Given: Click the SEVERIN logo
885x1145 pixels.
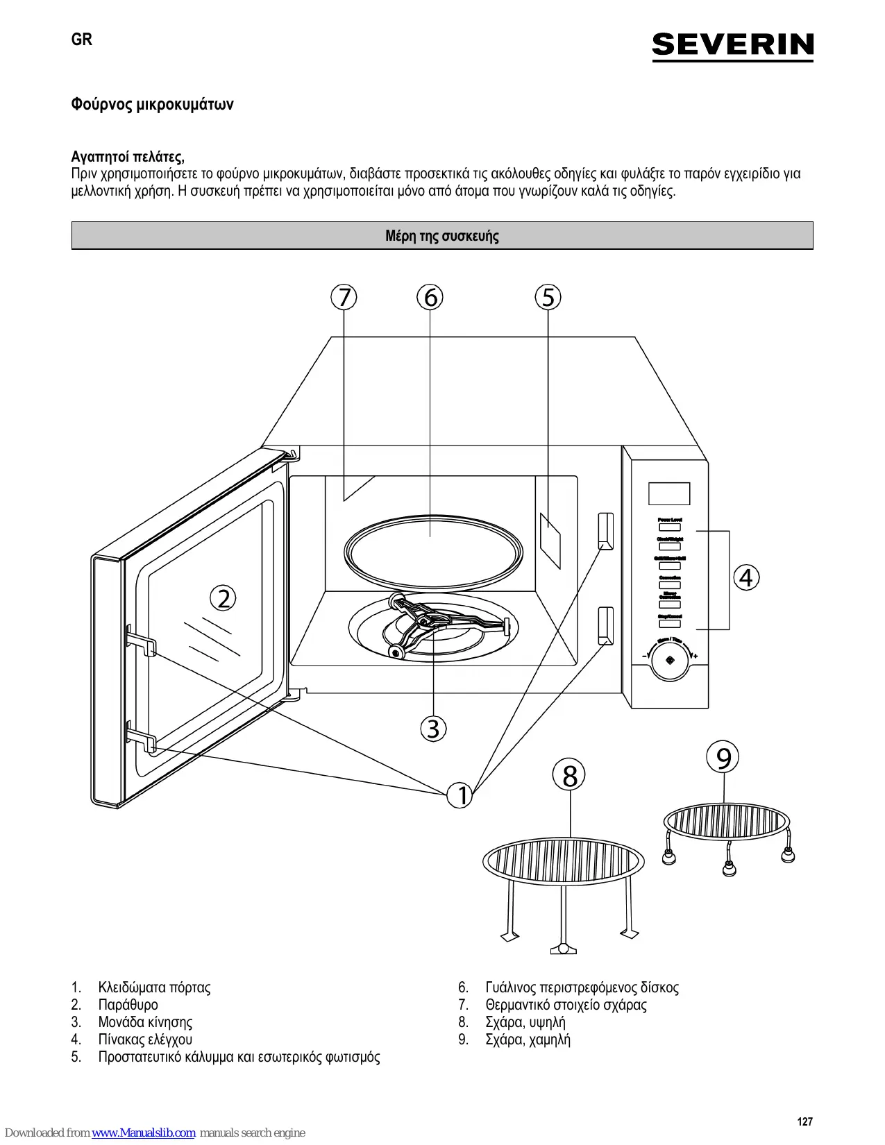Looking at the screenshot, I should (732, 46).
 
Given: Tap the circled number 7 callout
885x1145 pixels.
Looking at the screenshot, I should (344, 297).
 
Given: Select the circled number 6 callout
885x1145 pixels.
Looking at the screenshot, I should (430, 297).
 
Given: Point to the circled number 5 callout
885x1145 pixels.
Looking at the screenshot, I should (548, 297).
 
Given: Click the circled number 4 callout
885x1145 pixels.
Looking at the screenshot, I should (746, 577).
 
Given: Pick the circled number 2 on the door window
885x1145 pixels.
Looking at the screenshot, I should (224, 598).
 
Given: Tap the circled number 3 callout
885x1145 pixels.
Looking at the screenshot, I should (433, 729).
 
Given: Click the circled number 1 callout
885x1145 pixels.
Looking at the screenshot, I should (460, 795).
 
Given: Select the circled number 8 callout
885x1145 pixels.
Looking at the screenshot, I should (569, 776).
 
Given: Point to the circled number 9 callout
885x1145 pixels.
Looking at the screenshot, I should (723, 758).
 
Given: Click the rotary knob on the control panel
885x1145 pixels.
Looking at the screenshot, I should (670, 661).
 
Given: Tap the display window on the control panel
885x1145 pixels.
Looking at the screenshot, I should (669, 494).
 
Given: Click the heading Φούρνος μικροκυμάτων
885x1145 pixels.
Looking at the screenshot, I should (152, 105).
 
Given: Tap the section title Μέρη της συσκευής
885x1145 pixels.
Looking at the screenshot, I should (442, 236).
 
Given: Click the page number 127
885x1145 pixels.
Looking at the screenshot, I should (804, 1121).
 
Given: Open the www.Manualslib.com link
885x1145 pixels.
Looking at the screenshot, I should (144, 1133).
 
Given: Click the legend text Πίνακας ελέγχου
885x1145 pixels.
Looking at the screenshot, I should (145, 1040).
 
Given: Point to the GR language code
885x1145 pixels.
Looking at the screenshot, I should (82, 40).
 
